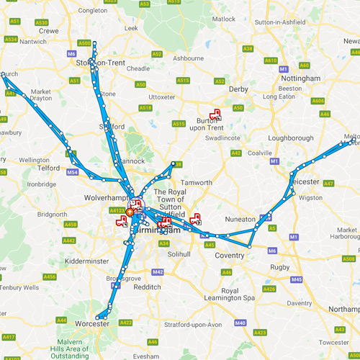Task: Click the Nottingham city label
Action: point(301,78)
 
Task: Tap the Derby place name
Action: point(238,89)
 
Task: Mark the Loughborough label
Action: point(290,138)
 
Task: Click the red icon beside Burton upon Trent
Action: point(215,114)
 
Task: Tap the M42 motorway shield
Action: point(158,271)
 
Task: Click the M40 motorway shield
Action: point(240,323)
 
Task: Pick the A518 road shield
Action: point(145,108)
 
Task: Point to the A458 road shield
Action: point(70,225)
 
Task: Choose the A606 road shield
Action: point(318,102)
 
